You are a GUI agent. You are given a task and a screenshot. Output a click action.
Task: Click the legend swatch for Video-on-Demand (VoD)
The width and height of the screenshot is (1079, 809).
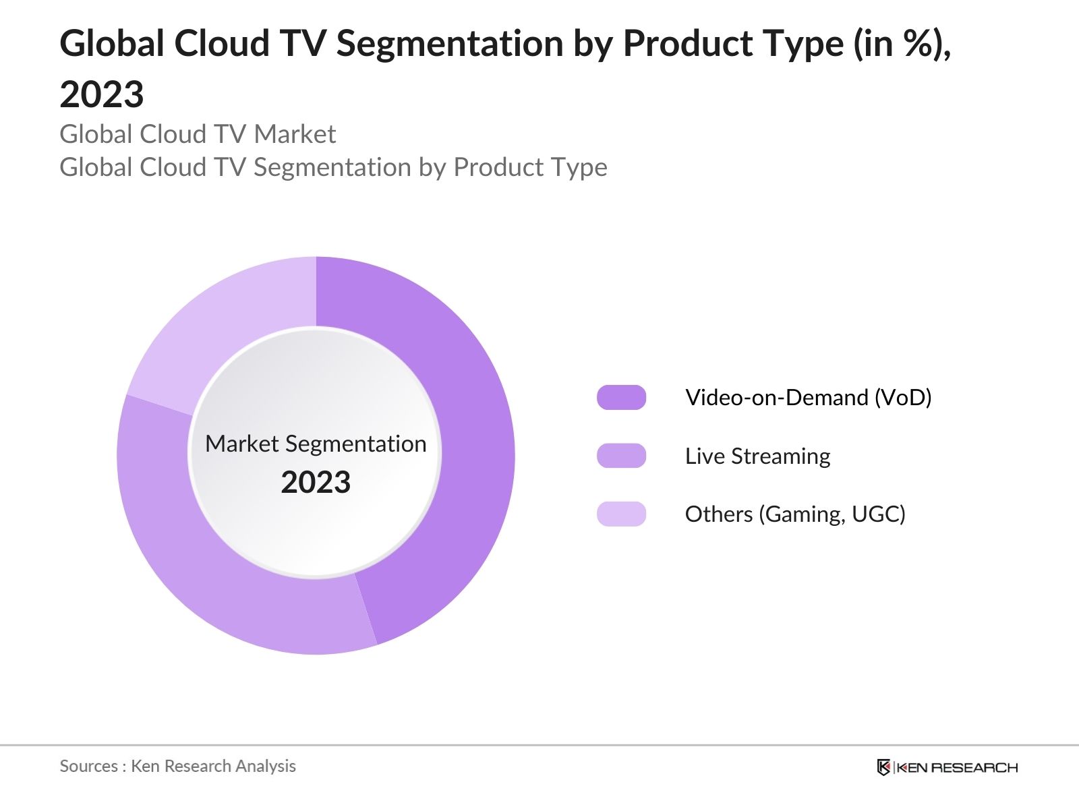pos(621,398)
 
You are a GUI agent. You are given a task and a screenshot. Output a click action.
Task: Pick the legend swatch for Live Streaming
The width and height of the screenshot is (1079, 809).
pos(621,456)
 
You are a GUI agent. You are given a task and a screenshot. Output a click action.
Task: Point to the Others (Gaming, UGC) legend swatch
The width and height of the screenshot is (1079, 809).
pos(621,514)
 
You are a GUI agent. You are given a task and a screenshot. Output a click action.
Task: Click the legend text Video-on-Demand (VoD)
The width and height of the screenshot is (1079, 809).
pos(808,398)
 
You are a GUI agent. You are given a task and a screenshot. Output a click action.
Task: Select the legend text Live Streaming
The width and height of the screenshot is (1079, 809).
pos(757,456)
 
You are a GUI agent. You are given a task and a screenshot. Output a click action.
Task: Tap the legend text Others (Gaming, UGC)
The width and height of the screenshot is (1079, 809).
pos(795,514)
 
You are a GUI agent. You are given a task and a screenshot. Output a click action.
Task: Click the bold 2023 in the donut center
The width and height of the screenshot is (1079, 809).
pos(316,483)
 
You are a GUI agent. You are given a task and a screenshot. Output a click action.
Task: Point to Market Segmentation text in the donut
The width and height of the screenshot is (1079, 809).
pos(316,444)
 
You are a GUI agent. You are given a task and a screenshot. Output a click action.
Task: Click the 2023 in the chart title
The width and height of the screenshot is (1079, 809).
pos(102,94)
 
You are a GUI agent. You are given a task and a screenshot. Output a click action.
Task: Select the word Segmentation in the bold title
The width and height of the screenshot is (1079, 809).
pos(450,44)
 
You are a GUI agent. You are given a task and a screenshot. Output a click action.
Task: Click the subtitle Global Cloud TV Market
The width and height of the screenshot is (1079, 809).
pos(198,134)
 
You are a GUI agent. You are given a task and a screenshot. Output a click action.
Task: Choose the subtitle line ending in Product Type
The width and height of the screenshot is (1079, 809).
pos(333,167)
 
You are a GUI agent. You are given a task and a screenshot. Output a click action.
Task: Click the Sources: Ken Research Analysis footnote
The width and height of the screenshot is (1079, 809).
pos(177,766)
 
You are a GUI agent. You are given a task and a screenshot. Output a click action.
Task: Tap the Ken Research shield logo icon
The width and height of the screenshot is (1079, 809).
pos(883,767)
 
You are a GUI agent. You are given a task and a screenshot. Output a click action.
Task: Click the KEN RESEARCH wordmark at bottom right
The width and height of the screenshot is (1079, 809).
pos(957,767)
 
